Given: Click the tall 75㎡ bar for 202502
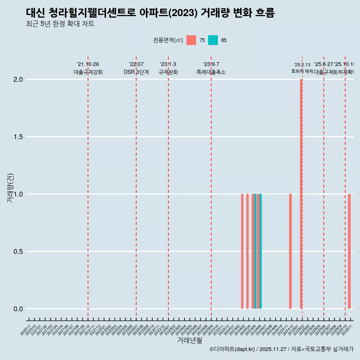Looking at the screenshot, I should (x=301, y=194).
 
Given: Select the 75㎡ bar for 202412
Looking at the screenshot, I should (x=290, y=251).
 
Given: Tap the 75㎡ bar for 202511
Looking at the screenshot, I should (x=349, y=251).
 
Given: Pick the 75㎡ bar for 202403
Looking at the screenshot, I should (x=242, y=251).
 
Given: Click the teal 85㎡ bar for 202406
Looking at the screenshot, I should (x=261, y=251).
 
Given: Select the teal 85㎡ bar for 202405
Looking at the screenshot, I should (x=255, y=251).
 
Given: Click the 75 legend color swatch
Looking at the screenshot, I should (x=191, y=40).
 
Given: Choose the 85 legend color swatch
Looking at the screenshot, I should (x=213, y=40).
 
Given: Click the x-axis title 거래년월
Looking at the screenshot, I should (x=189, y=340).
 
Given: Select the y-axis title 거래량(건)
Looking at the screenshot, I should (x=10, y=188).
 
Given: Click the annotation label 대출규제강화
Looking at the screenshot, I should (x=88, y=72).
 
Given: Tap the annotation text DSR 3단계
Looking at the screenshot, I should (x=136, y=72).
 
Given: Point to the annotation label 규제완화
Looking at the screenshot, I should (x=168, y=72).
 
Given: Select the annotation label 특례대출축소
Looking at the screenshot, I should (x=211, y=72).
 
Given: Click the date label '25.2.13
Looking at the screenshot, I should (x=302, y=65).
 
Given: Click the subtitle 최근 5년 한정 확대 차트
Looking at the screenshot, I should (x=60, y=24).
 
